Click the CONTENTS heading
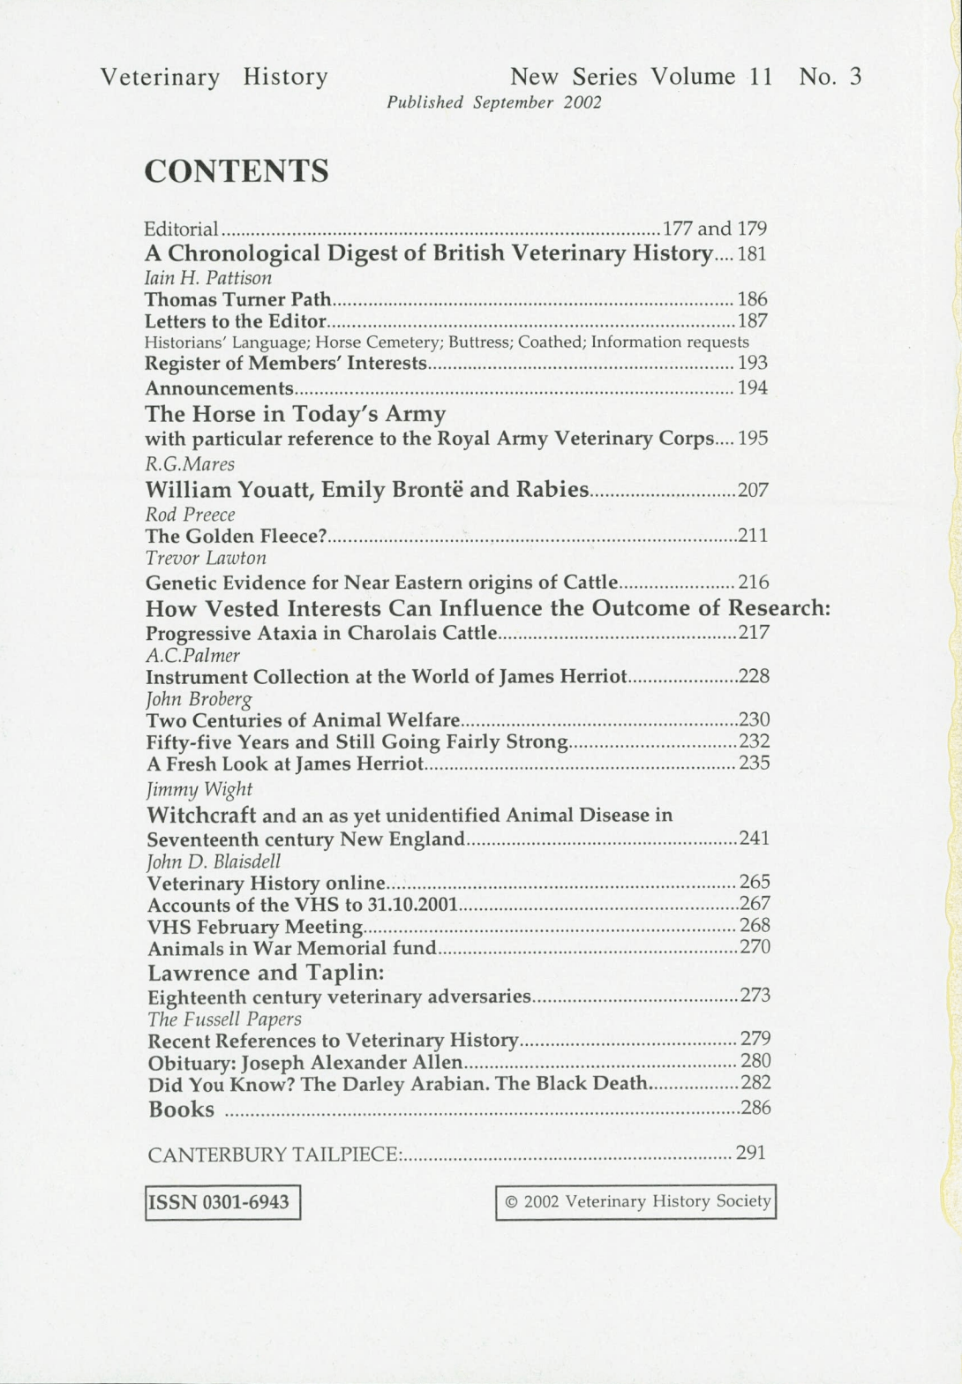click(237, 171)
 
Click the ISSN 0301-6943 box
click(222, 1202)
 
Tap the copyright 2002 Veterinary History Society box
click(636, 1201)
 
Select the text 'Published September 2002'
click(493, 102)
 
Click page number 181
click(752, 254)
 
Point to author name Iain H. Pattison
click(208, 277)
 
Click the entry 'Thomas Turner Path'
click(237, 299)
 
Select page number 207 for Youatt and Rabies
click(753, 490)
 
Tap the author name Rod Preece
click(190, 515)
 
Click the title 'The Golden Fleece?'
click(237, 536)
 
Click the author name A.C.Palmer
click(192, 655)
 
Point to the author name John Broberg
click(199, 699)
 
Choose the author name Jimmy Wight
click(199, 789)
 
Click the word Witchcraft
click(201, 814)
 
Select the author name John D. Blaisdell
click(214, 861)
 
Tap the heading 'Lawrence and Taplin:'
click(266, 973)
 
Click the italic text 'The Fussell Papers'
click(224, 1019)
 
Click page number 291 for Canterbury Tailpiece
click(750, 1153)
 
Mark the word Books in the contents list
click(181, 1109)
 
